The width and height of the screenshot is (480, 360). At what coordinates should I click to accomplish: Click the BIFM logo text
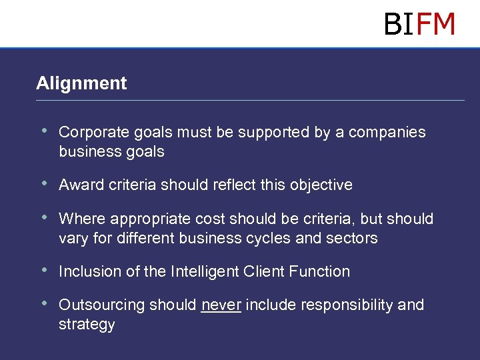coord(419,24)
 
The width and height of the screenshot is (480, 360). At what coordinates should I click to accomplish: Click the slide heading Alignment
coord(81,83)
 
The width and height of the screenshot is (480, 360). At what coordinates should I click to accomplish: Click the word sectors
coord(353,239)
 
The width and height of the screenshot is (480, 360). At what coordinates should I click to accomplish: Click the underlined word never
coord(221,305)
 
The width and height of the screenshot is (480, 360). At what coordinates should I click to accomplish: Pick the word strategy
coord(87,325)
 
